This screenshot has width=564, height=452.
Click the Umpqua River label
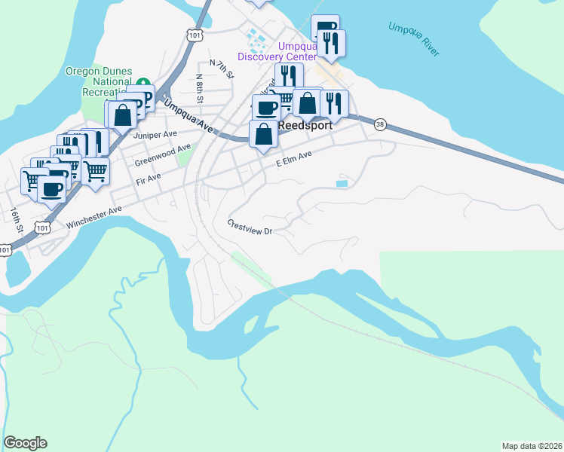click(x=413, y=39)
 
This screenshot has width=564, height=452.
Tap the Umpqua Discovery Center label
click(x=277, y=51)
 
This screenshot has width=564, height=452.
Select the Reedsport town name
click(x=305, y=126)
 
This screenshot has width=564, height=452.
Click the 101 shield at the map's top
click(x=195, y=35)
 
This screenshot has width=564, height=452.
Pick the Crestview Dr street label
click(x=250, y=228)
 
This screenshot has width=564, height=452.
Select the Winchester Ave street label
click(x=93, y=215)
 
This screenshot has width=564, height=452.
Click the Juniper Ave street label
click(x=155, y=136)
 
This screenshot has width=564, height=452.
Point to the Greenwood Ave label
click(x=162, y=156)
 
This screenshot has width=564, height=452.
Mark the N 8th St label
click(x=200, y=87)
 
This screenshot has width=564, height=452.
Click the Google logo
click(x=25, y=443)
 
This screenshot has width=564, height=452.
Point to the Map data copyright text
click(x=532, y=446)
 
